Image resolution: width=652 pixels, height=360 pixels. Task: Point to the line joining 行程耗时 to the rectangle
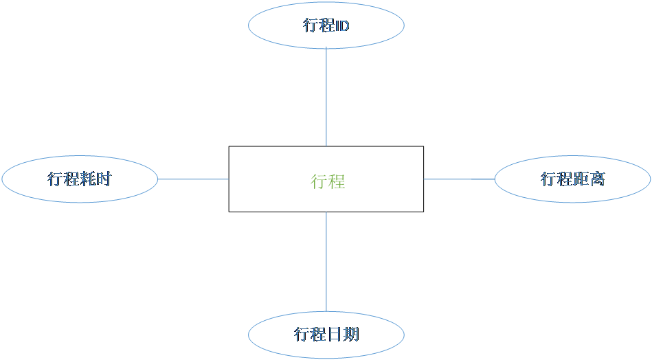[x=193, y=179]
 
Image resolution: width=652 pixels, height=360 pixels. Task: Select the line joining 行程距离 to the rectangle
[x=459, y=179]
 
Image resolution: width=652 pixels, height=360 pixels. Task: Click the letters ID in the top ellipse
[x=341, y=26]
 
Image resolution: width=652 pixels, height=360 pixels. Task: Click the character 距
[x=581, y=179]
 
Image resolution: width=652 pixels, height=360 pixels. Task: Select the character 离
[x=597, y=179]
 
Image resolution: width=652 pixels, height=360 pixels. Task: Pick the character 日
[x=334, y=335]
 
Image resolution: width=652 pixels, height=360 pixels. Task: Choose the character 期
[x=350, y=335]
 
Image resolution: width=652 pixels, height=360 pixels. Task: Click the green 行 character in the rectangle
[x=319, y=181]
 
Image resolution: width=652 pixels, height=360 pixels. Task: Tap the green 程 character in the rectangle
[x=337, y=181]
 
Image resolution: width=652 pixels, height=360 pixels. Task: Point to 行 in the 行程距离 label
[x=548, y=179]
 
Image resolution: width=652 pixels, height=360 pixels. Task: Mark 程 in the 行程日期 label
[x=317, y=335]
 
